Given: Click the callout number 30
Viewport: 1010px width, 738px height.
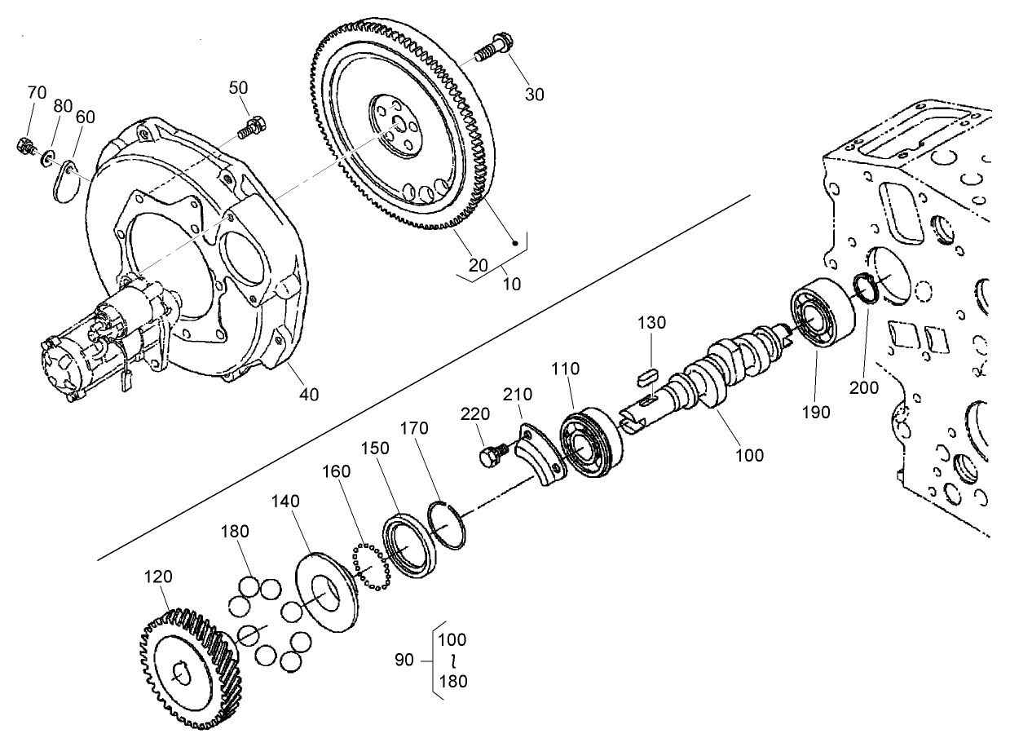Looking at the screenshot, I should click(534, 94).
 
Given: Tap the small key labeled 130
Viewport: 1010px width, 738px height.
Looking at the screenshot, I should click(648, 376).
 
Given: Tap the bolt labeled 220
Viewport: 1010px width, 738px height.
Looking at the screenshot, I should click(492, 454).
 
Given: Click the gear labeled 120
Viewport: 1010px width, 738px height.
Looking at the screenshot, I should click(189, 670).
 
